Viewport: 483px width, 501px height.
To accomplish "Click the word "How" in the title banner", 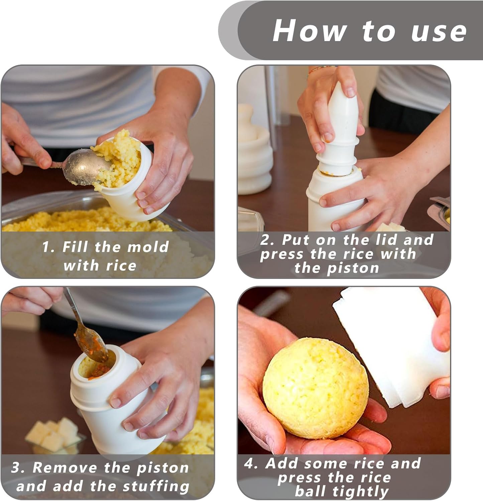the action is pos(310,30).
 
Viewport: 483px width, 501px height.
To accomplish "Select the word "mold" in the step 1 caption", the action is pos(148,247).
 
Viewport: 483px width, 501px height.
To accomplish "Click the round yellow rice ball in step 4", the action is pos(316,388).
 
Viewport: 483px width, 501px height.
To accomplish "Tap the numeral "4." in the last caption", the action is pos(251,464).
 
